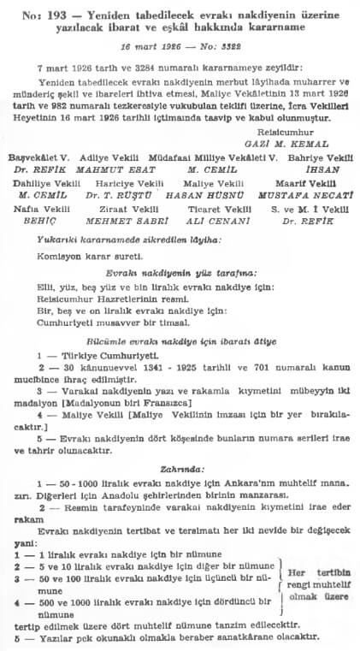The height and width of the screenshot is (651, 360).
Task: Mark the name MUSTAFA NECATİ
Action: pyautogui.click(x=304, y=193)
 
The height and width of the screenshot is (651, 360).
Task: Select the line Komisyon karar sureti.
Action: pyautogui.click(x=77, y=255)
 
